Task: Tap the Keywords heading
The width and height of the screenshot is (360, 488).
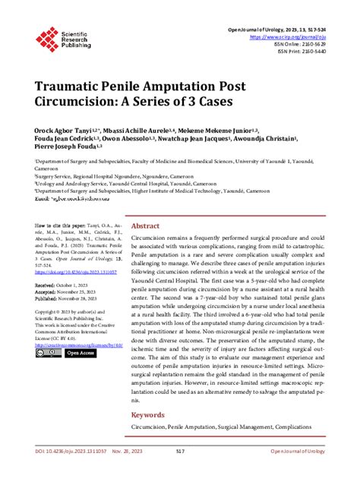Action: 149,415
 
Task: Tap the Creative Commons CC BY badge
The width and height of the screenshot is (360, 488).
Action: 49,352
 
